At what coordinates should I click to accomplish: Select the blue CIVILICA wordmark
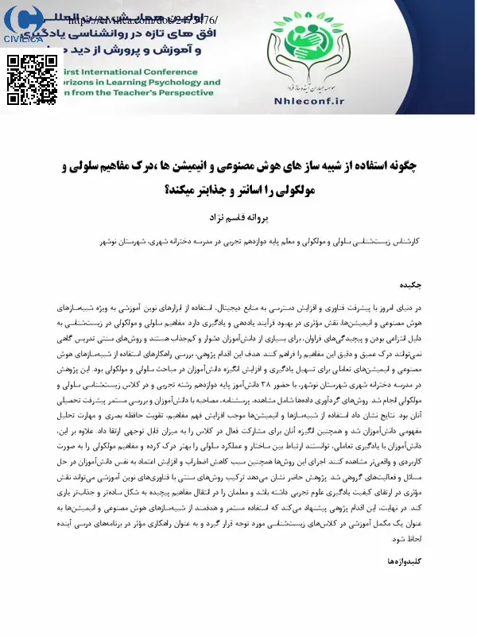point(23,39)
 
